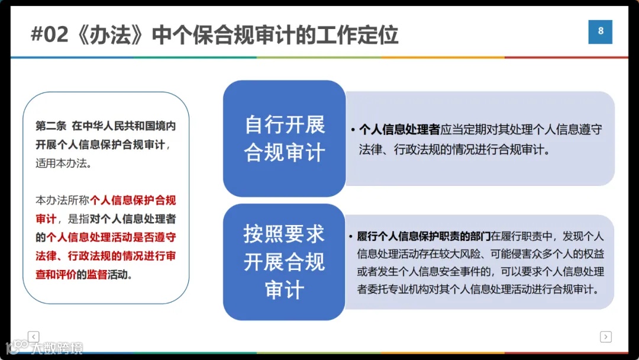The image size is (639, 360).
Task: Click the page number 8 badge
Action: pyautogui.click(x=600, y=32)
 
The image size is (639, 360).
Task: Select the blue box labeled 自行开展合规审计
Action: pyautogui.click(x=284, y=139)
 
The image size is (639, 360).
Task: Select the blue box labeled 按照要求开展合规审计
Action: pyautogui.click(x=284, y=262)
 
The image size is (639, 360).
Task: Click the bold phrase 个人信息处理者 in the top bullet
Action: pyautogui.click(x=399, y=130)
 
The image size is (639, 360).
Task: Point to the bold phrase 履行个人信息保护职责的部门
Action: pyautogui.click(x=424, y=237)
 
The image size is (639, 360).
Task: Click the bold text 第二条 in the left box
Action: pyautogui.click(x=50, y=127)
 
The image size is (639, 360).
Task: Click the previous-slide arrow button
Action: pyautogui.click(x=34, y=336)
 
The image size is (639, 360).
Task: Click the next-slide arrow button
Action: pyautogui.click(x=605, y=336)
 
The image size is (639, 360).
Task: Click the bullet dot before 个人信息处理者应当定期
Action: pyautogui.click(x=353, y=130)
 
